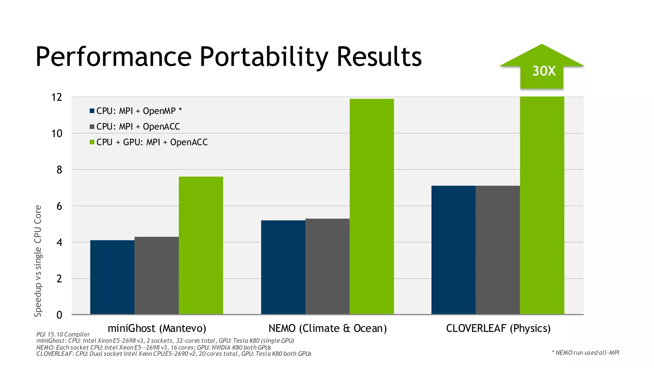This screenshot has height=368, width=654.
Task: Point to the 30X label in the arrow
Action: pos(544,71)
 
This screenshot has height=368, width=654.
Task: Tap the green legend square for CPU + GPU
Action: pos(92,142)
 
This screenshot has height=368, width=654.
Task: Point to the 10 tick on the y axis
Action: pos(57,134)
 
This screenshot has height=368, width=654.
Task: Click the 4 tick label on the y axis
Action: pos(59,242)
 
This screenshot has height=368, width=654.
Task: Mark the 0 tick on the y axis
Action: pos(59,315)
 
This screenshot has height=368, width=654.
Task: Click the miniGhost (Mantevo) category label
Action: pos(157,328)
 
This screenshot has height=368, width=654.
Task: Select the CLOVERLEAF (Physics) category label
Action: pos(498,328)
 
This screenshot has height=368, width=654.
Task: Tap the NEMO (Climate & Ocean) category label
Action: pos(327,328)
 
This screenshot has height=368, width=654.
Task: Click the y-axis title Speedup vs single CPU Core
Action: pos(38,261)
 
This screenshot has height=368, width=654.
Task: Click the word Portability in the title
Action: pos(264,57)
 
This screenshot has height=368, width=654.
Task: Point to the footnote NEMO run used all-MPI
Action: pos(585,353)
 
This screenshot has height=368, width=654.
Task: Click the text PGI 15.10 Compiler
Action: pos(63,334)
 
